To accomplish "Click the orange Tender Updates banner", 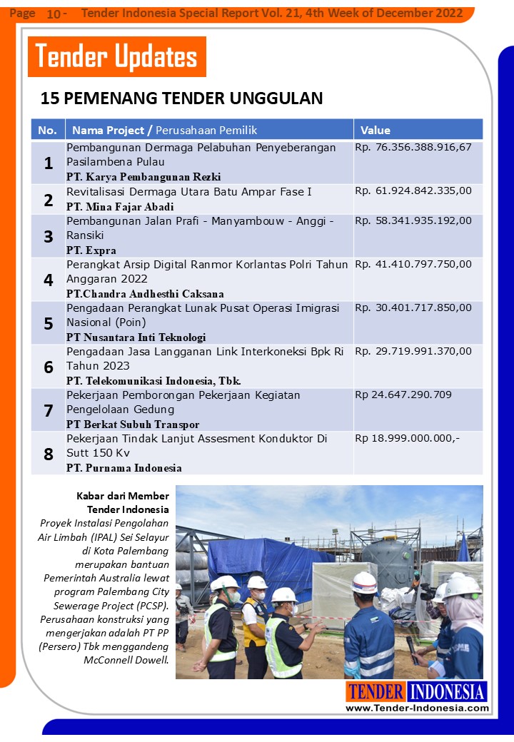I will pos(116,56).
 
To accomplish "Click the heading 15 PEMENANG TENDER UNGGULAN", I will pos(181,98).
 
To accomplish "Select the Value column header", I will pos(376,130).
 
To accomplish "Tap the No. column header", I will pos(47,130).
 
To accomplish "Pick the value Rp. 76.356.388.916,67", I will pos(413,147).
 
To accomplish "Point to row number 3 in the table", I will pos(49,236).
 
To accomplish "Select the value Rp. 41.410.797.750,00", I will pos(413,264).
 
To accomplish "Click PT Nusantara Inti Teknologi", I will pos(136,337).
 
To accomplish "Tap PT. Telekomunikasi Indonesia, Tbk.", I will pos(153,380).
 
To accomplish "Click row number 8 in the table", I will pos(49,453).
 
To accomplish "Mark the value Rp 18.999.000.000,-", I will pos(408,438).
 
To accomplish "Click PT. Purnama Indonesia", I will pos(124,468).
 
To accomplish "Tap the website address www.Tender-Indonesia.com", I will pos(418,708).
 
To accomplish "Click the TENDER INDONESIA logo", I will pos(417,691).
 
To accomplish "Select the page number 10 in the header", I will pos(54,14).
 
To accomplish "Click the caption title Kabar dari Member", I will pos(122,496).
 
